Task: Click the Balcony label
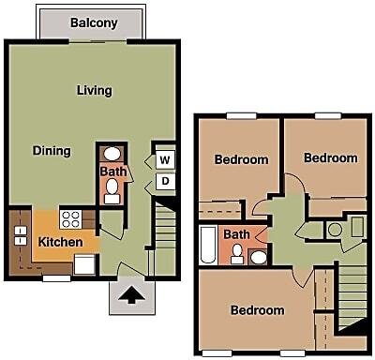[x=94, y=22]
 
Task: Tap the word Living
[x=95, y=91]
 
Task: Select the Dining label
[x=52, y=151]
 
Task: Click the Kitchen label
[x=60, y=242]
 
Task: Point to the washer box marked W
[x=165, y=160]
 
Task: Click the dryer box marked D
[x=165, y=181]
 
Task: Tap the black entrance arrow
[x=131, y=294]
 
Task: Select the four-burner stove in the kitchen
[x=71, y=219]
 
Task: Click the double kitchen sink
[x=21, y=235]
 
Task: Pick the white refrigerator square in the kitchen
[x=84, y=264]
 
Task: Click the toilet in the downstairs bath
[x=112, y=191]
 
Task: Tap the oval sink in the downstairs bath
[x=112, y=154]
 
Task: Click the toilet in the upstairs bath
[x=237, y=254]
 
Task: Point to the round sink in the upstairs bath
[x=259, y=257]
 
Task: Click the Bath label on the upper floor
[x=236, y=234]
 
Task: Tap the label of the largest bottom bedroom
[x=258, y=310]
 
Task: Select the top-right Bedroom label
[x=331, y=157]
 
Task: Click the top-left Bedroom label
[x=241, y=159]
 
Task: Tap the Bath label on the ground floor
[x=113, y=172]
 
